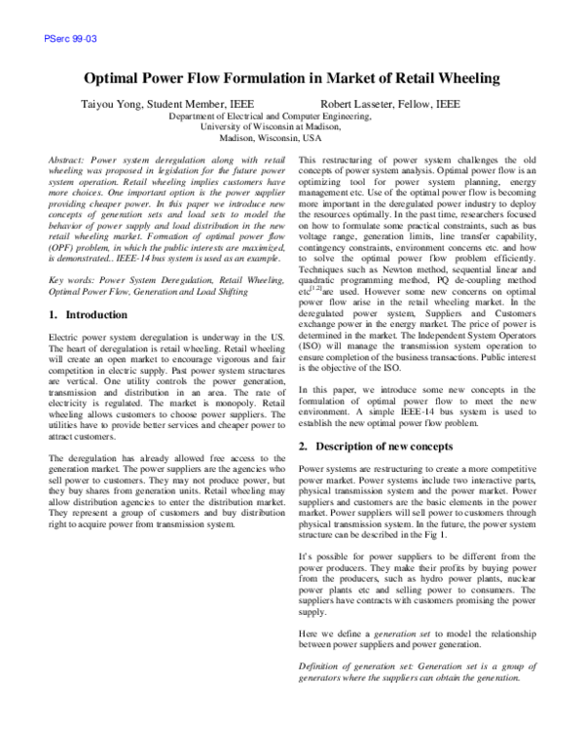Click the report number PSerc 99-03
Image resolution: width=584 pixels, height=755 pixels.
coord(71,39)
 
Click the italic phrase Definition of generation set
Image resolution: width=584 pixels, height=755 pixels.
coord(356,665)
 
